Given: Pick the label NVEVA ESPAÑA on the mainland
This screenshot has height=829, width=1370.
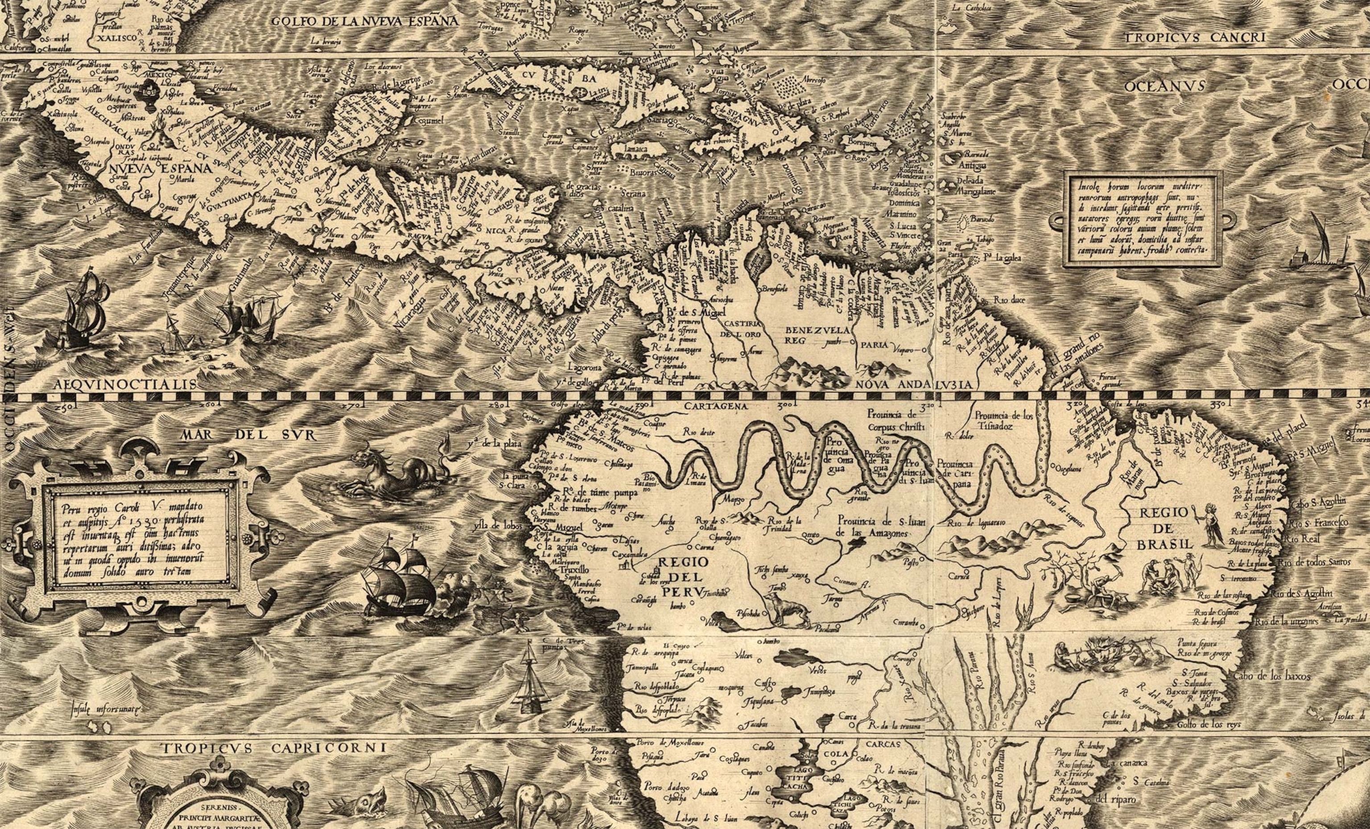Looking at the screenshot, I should [x=160, y=168].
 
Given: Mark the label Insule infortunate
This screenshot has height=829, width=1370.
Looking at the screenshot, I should [x=107, y=709].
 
